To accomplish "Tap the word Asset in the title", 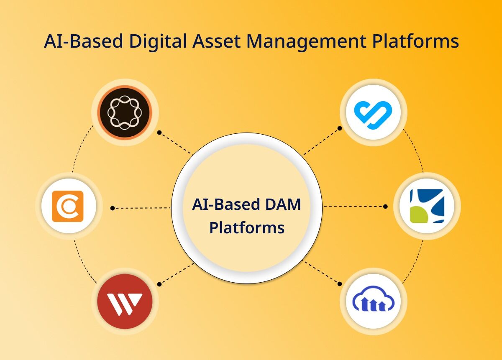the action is pos(216,41).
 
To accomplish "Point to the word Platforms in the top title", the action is pos(415,41).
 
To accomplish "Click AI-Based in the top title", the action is pos(83,41).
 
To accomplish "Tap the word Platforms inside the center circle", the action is pos(247,228).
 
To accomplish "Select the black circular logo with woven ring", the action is pos(125,112).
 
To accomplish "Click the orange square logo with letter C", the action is pos(67,206).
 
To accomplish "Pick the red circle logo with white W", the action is pos(125,301).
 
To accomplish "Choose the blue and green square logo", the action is pos(427,206).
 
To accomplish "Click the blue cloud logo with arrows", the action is pos(373,299).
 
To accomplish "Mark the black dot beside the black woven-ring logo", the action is pos(159,133).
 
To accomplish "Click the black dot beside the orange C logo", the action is pos(113,208).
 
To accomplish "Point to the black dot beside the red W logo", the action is pos(159,284).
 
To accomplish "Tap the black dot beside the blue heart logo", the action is pos(340,128).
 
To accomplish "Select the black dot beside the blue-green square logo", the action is pos(385,206).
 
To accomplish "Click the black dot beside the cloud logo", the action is pos(340,284).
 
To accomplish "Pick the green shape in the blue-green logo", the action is pos(418,215).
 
